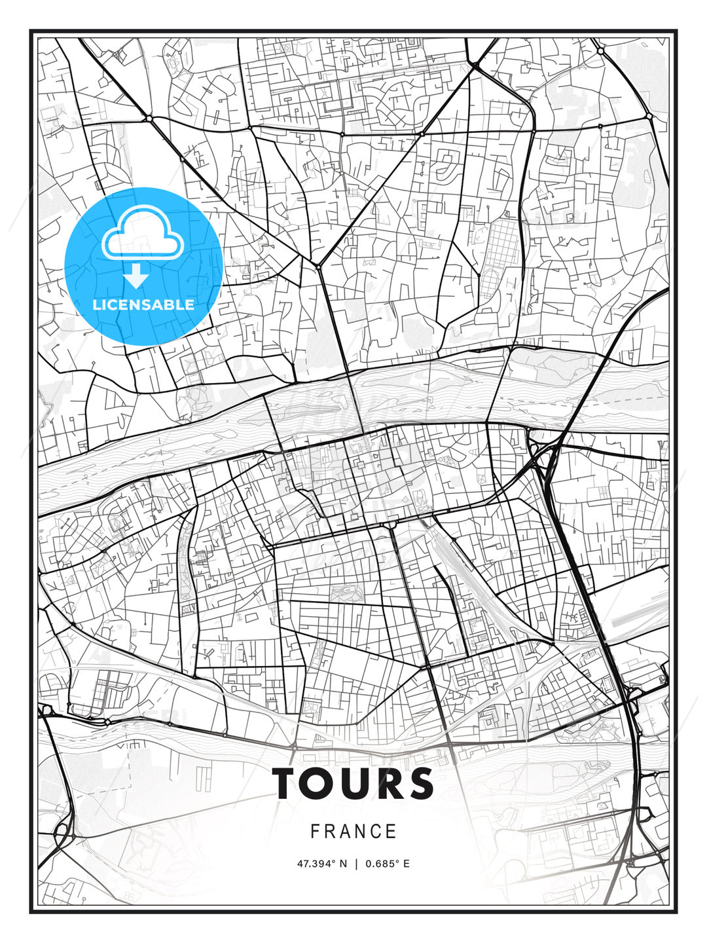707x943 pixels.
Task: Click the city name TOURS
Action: (x=353, y=783)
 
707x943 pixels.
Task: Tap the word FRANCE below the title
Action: (x=353, y=832)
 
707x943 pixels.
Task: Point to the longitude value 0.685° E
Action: (x=388, y=864)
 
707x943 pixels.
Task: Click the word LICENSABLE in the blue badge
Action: (x=143, y=305)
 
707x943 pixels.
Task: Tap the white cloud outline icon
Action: (x=141, y=232)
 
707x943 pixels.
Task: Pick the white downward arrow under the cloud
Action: (x=136, y=276)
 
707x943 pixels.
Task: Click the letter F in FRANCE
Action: (x=315, y=832)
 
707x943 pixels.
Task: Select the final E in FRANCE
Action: (x=392, y=832)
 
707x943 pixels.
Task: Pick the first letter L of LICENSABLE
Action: (x=96, y=305)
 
